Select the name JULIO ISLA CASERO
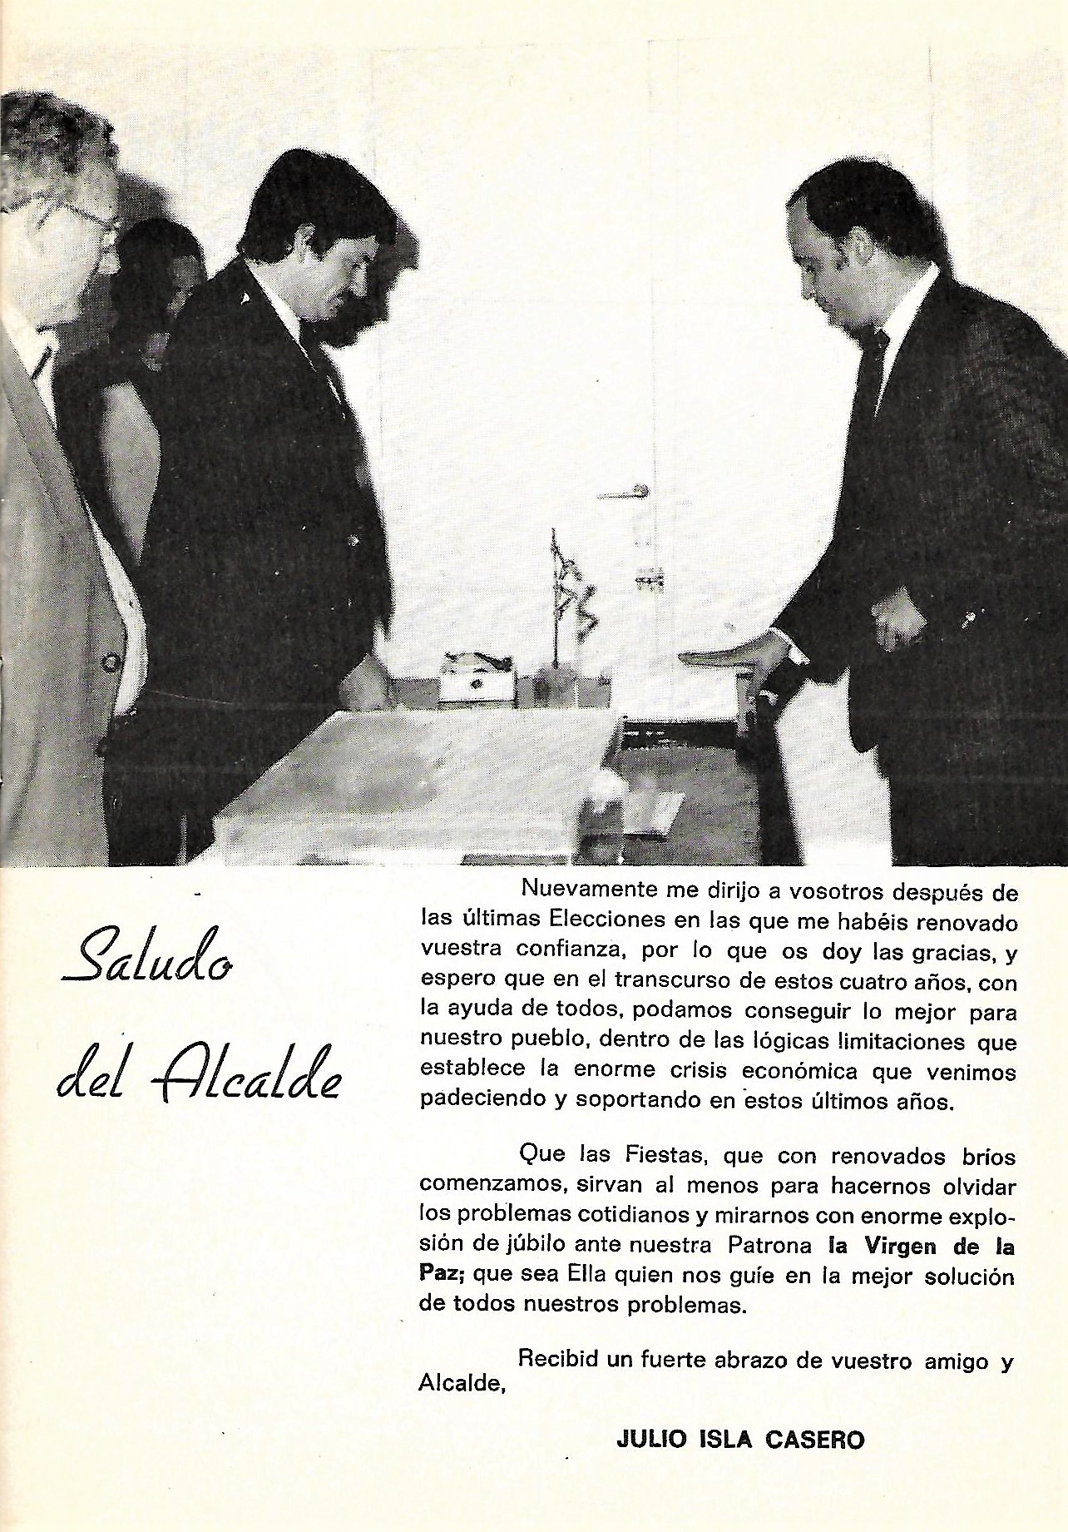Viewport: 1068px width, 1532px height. point(740,1439)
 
